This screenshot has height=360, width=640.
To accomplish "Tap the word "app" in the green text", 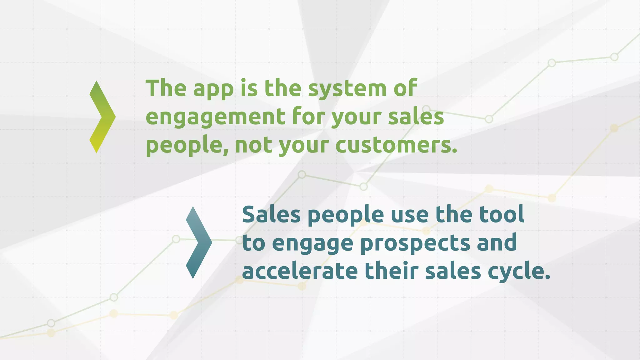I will tap(213, 89).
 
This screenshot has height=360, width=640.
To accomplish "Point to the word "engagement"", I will tap(215, 117).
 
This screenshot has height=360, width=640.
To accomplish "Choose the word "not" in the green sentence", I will tap(253, 146).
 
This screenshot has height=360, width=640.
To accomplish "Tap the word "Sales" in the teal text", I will tap(271, 215).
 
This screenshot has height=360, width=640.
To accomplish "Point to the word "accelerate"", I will tap(300, 271).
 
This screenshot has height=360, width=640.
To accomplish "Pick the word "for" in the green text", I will tap(307, 117).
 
